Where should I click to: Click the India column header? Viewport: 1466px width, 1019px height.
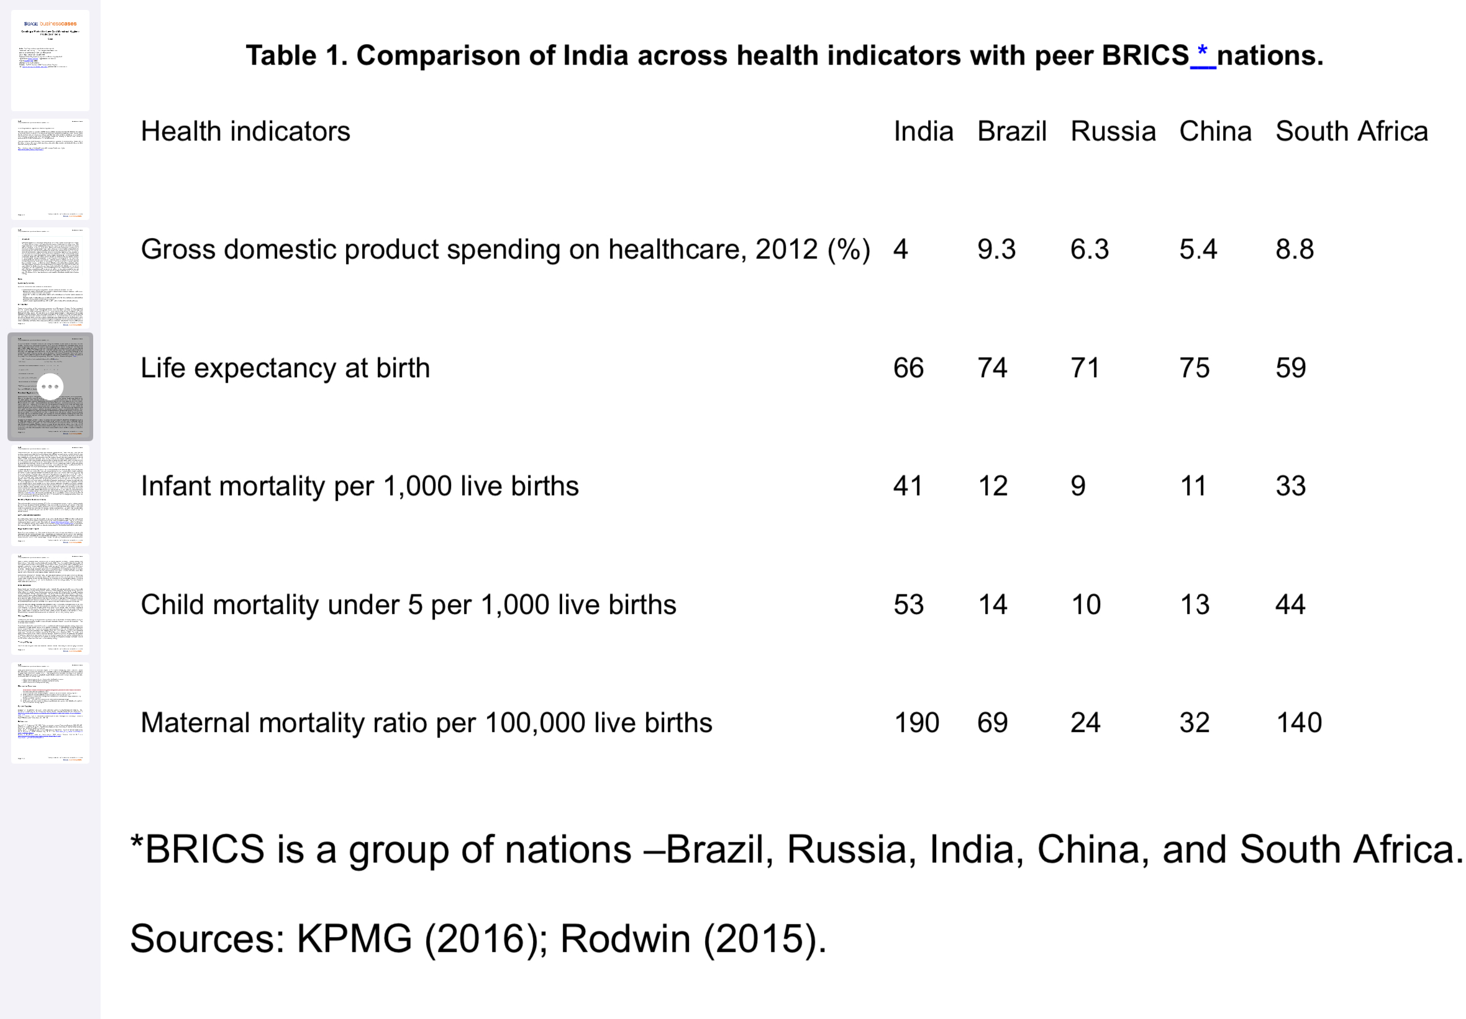pos(923,132)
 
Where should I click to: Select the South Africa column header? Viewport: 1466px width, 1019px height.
pos(1351,132)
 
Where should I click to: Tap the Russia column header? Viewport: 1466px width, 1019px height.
pos(1113,132)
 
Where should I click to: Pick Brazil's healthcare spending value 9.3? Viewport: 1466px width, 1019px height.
pos(996,249)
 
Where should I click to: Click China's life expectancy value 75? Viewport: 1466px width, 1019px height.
pos(1194,368)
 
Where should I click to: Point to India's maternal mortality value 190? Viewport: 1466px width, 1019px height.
pos(916,723)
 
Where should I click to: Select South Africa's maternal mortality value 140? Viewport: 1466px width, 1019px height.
pos(1298,723)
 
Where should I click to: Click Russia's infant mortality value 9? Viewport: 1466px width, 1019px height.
pos(1078,486)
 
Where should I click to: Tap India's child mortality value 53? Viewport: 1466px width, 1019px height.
pos(908,605)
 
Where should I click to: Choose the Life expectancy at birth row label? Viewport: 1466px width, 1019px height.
pos(285,368)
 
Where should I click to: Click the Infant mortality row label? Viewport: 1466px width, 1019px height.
pos(359,486)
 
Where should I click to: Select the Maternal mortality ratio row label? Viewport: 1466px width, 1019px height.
pos(426,723)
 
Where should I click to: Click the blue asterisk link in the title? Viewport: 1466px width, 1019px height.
pos(1203,53)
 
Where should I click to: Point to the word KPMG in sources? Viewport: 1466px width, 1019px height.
pos(354,939)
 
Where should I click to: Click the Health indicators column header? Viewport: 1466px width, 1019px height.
pos(245,132)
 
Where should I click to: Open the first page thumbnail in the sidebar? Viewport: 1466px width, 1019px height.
pos(50,60)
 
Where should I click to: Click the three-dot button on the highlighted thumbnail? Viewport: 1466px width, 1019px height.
pos(50,386)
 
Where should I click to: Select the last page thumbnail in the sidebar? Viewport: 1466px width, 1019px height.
pos(50,713)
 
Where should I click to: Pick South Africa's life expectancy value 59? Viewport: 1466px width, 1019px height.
pos(1290,368)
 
